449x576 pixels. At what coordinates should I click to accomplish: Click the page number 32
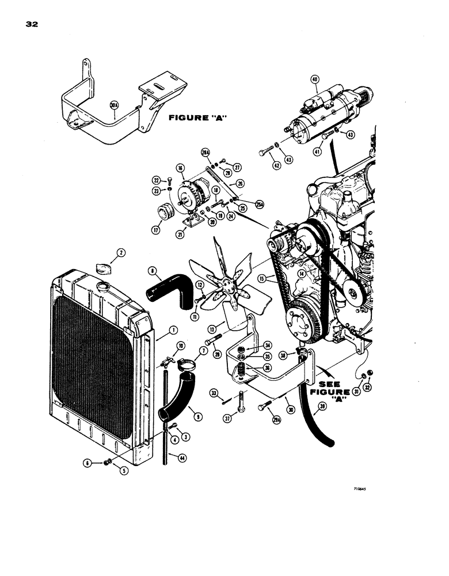tap(31, 24)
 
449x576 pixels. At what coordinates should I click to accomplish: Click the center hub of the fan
tap(220, 284)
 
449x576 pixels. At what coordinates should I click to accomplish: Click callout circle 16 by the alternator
tap(180, 168)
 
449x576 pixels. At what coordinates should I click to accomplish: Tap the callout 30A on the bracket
tap(113, 105)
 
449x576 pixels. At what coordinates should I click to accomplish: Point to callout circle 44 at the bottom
tap(182, 457)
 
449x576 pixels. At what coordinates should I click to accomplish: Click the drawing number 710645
tap(360, 487)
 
